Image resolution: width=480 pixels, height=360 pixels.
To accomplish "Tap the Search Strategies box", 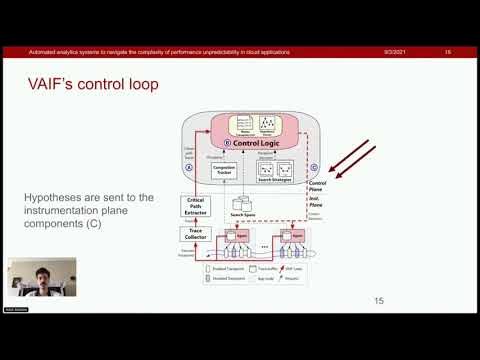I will (275, 172).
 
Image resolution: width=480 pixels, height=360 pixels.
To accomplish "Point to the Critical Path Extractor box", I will (196, 207).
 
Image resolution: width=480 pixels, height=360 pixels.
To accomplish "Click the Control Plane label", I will (320, 186).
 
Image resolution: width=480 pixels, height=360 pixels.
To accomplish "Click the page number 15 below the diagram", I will (378, 301).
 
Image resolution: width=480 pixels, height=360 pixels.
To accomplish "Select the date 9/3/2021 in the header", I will (392, 51).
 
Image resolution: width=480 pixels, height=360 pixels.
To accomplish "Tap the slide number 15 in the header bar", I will (447, 51).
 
